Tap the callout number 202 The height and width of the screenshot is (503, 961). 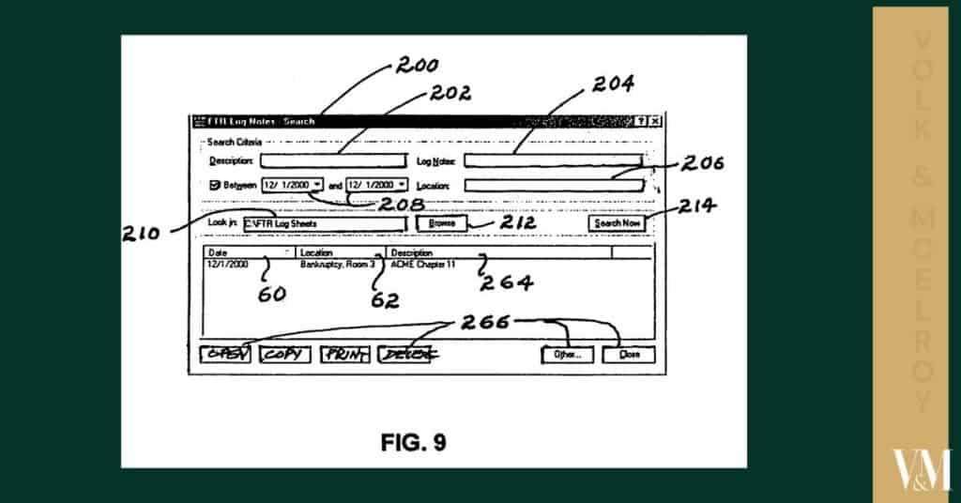click(451, 93)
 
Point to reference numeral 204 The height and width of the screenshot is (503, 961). click(612, 84)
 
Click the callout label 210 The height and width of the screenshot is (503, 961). click(142, 234)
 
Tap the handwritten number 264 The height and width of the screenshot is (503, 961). click(508, 282)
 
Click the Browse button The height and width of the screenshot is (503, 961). click(442, 223)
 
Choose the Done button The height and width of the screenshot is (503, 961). click(629, 355)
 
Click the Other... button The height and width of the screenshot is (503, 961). click(568, 355)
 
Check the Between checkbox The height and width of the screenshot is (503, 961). click(214, 185)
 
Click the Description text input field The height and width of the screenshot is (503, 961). click(333, 161)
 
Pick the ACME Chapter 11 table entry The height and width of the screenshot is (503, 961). click(422, 265)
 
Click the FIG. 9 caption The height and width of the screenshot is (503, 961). click(413, 442)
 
